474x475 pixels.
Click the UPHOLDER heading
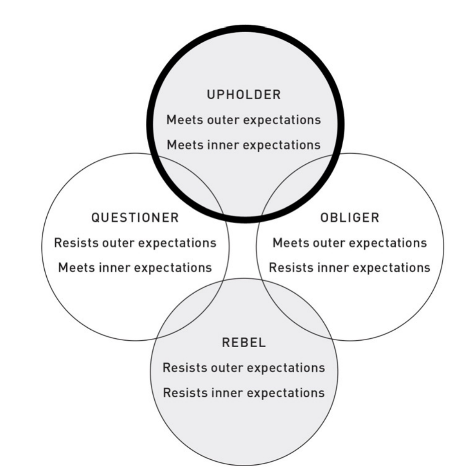pos(244,95)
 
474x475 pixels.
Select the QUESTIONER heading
pos(135,218)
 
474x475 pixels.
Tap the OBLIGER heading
pos(350,218)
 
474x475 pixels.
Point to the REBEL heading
pos(244,342)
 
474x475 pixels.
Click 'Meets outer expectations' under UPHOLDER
pos(244,120)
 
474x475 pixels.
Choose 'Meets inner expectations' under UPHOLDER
pos(244,144)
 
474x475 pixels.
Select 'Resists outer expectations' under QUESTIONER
pos(135,242)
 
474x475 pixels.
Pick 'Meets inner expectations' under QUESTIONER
pos(135,267)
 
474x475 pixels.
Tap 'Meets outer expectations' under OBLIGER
pos(350,242)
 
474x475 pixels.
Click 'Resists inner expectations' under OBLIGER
pos(350,267)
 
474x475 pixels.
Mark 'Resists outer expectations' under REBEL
pos(244,367)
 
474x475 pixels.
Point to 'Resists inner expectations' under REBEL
pos(244,392)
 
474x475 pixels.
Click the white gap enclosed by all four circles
pos(243,248)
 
